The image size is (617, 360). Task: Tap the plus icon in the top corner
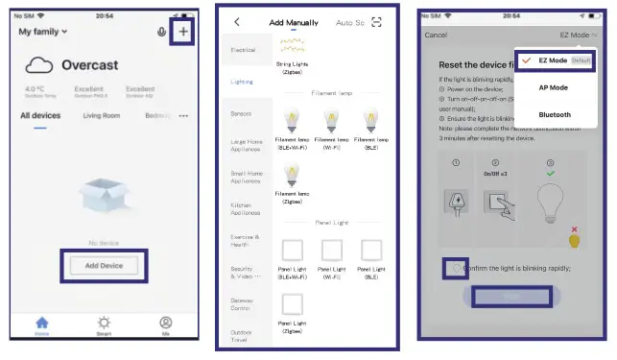pos(184,31)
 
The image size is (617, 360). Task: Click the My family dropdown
pos(43,32)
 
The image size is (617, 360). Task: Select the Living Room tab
pos(102,116)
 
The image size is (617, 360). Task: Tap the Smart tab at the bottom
pos(104,326)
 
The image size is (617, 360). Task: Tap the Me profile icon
pos(166,326)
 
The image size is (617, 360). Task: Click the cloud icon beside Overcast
pos(39,65)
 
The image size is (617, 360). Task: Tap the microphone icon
pos(160,32)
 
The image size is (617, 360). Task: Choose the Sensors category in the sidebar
pos(241,113)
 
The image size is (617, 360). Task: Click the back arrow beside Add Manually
pos(237,22)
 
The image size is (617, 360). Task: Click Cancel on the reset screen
pos(436,36)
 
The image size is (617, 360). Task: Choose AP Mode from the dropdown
pos(554,86)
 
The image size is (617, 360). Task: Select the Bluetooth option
pos(554,113)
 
